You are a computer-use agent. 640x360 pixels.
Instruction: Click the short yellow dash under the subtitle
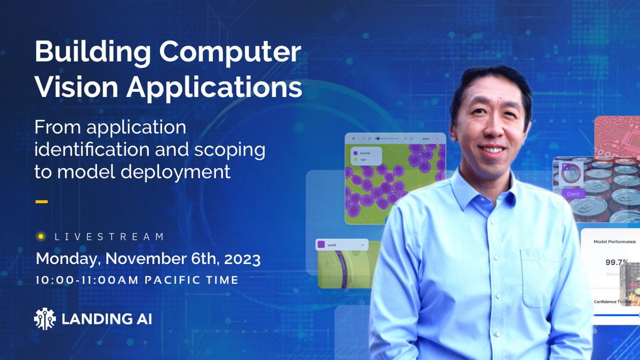coord(41,202)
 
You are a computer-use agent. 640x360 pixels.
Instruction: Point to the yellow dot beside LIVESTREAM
coord(40,236)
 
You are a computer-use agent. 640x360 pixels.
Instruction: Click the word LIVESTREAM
coord(109,236)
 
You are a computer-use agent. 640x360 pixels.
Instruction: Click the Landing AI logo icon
coord(45,318)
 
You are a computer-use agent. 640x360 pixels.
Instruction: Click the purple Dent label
coord(573,194)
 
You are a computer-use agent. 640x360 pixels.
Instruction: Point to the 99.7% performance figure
coord(616,262)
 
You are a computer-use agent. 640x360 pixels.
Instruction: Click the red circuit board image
coord(617,136)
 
